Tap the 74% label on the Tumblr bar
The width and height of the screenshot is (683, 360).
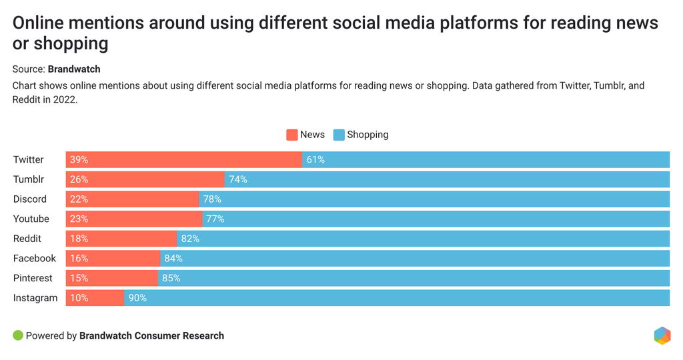pyautogui.click(x=237, y=179)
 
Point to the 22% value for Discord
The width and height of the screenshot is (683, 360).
pyautogui.click(x=79, y=199)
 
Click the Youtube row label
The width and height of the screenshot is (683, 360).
pyautogui.click(x=31, y=219)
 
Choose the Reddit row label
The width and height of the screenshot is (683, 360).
pyautogui.click(x=27, y=239)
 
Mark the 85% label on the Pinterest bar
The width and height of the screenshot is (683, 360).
pyautogui.click(x=171, y=278)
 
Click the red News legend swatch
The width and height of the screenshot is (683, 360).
pyautogui.click(x=291, y=135)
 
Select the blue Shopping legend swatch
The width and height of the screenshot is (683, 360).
pyautogui.click(x=338, y=135)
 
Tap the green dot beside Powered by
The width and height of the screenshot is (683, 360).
pyautogui.click(x=18, y=335)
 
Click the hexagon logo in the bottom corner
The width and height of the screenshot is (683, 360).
pyautogui.click(x=662, y=335)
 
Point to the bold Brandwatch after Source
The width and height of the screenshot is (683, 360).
pyautogui.click(x=74, y=69)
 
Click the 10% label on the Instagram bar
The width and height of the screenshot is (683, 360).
pyautogui.click(x=79, y=298)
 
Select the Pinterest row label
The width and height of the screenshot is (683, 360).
pyautogui.click(x=33, y=278)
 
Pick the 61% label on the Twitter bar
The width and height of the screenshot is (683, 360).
pyautogui.click(x=315, y=159)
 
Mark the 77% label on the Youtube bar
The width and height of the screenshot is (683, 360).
pyautogui.click(x=215, y=219)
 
